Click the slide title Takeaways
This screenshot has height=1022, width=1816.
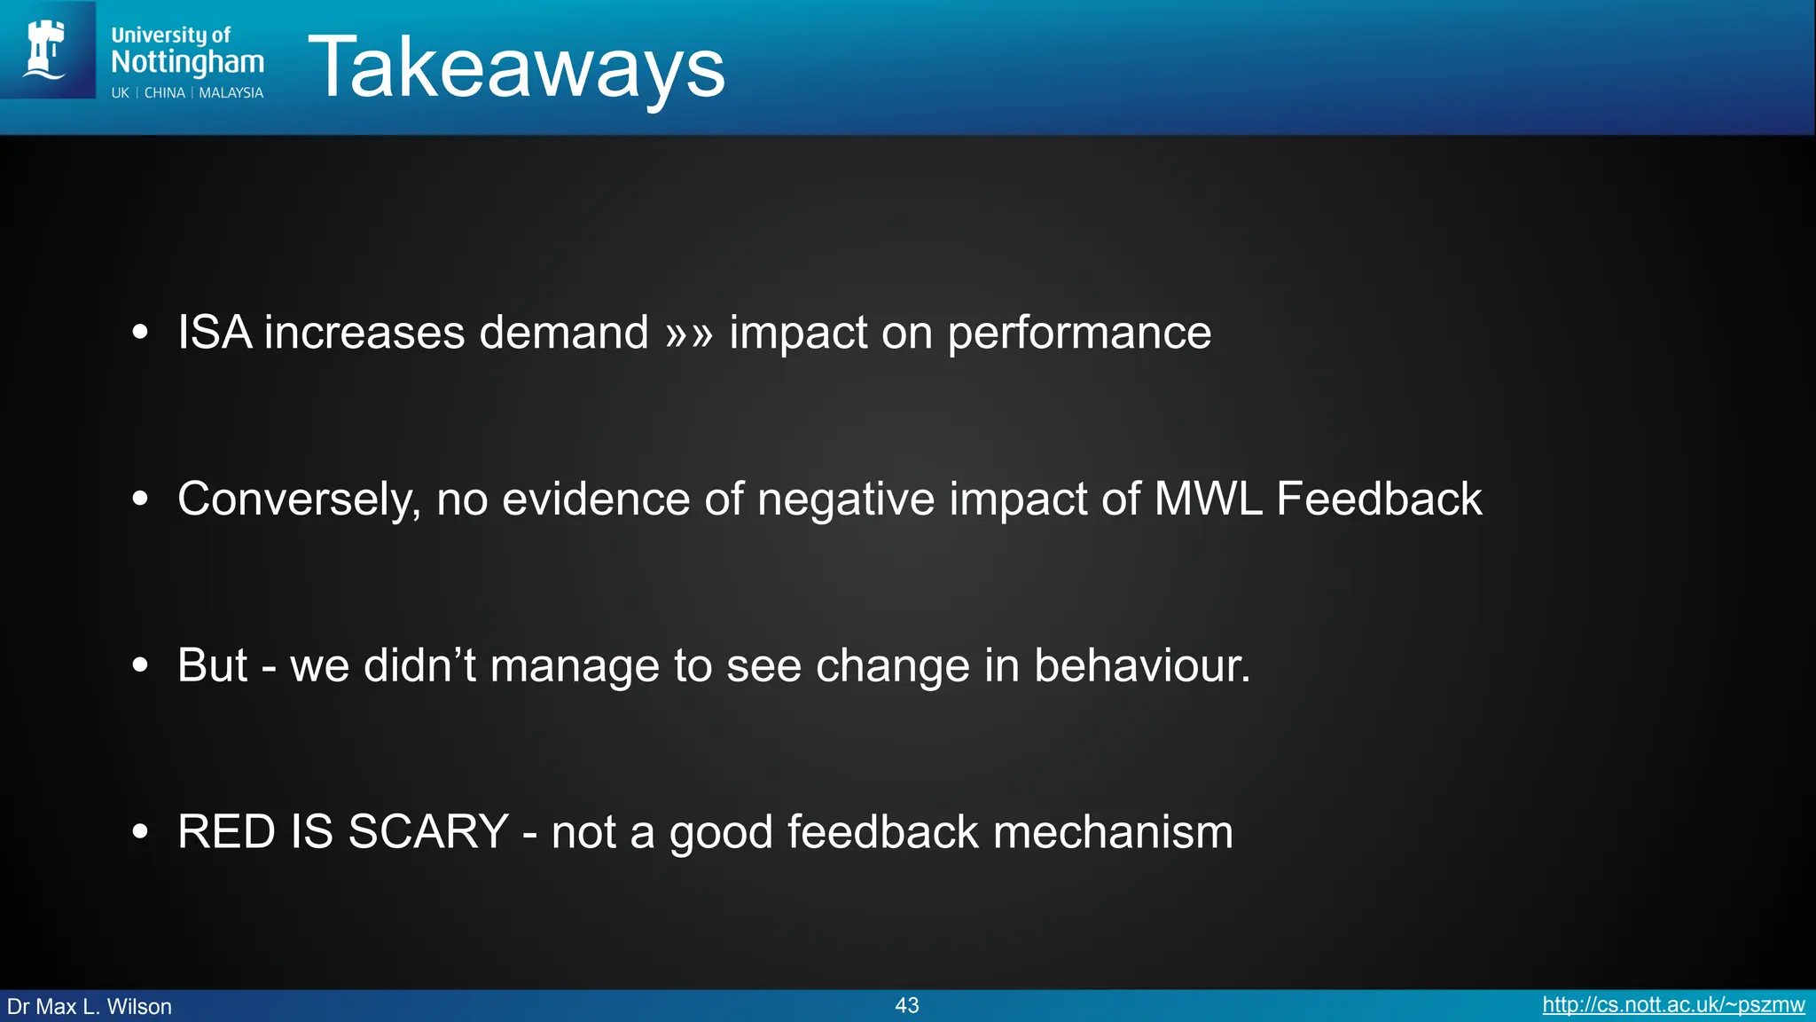point(516,67)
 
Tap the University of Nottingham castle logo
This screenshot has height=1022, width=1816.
point(46,50)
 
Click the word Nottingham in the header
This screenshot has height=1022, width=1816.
point(187,62)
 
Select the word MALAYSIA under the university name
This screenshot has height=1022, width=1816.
point(231,93)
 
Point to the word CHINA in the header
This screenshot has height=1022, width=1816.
point(165,93)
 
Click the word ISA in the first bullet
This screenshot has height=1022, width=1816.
point(214,333)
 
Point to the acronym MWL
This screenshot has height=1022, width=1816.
point(1207,499)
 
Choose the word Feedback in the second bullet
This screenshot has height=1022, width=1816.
point(1379,499)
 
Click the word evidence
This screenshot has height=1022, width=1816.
point(596,499)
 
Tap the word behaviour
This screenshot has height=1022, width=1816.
point(1141,665)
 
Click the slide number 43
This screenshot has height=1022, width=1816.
point(907,1005)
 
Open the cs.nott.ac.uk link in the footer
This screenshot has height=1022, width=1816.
point(1673,1005)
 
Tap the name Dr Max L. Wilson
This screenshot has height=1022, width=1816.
point(90,1007)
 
